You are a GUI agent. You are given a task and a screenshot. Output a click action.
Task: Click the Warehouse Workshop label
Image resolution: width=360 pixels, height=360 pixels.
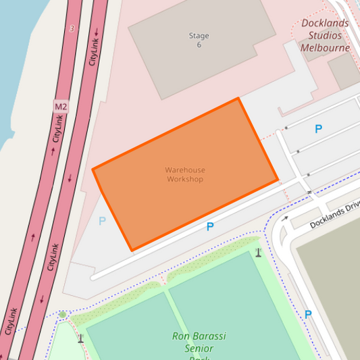tap(185, 175)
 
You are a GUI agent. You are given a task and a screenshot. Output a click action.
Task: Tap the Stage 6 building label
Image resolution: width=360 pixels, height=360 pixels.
tap(199, 40)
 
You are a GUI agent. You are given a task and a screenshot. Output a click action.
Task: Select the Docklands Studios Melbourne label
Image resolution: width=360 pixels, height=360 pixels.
tap(326, 35)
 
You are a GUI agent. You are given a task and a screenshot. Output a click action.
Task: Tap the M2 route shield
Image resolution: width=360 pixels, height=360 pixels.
tap(61, 107)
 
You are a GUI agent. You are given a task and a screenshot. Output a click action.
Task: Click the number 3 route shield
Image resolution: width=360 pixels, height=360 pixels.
tap(72, 28)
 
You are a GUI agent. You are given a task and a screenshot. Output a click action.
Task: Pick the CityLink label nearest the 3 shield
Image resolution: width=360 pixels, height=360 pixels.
tap(95, 47)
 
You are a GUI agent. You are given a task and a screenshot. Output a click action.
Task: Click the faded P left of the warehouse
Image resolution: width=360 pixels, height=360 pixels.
tap(102, 221)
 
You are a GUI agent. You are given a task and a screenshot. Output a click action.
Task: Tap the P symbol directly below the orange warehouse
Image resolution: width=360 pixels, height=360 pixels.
tap(210, 227)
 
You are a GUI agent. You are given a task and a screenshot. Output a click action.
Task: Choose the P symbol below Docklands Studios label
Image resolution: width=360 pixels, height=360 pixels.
tap(318, 129)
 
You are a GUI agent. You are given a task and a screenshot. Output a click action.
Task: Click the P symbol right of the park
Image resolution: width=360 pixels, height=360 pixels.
tap(308, 314)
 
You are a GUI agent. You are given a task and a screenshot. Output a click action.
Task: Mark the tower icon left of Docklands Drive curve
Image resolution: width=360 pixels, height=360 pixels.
tap(258, 253)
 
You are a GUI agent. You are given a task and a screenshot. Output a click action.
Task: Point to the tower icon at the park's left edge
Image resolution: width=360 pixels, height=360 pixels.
tap(80, 338)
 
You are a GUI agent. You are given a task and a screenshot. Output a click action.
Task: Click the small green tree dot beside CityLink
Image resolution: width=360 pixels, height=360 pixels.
tap(63, 315)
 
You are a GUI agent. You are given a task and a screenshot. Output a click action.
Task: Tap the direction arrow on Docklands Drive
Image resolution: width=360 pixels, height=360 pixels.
tap(285, 219)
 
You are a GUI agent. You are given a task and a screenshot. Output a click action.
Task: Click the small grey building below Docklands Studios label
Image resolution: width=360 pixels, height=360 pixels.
tap(344, 71)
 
